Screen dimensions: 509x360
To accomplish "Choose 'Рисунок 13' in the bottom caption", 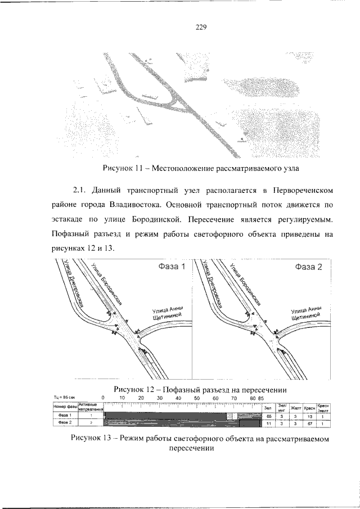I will click(93, 438).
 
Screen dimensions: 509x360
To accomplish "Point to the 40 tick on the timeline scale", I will click(178, 398).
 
